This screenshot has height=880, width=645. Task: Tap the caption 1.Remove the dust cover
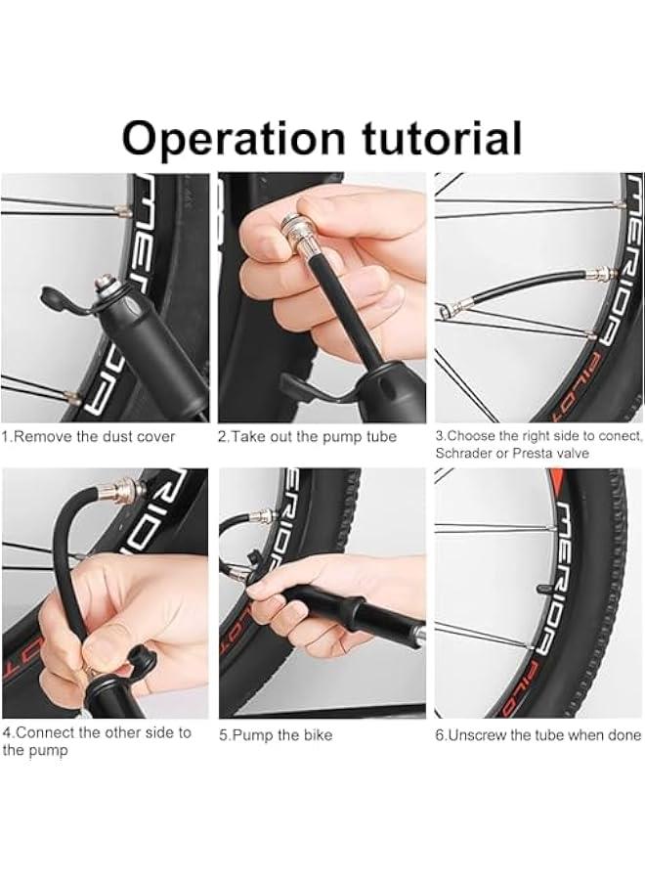(89, 436)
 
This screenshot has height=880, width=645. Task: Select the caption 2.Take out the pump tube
(307, 436)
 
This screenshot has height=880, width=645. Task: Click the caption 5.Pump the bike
(275, 735)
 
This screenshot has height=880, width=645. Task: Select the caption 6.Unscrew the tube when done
(538, 735)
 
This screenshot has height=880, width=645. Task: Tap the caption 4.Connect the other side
(97, 732)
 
